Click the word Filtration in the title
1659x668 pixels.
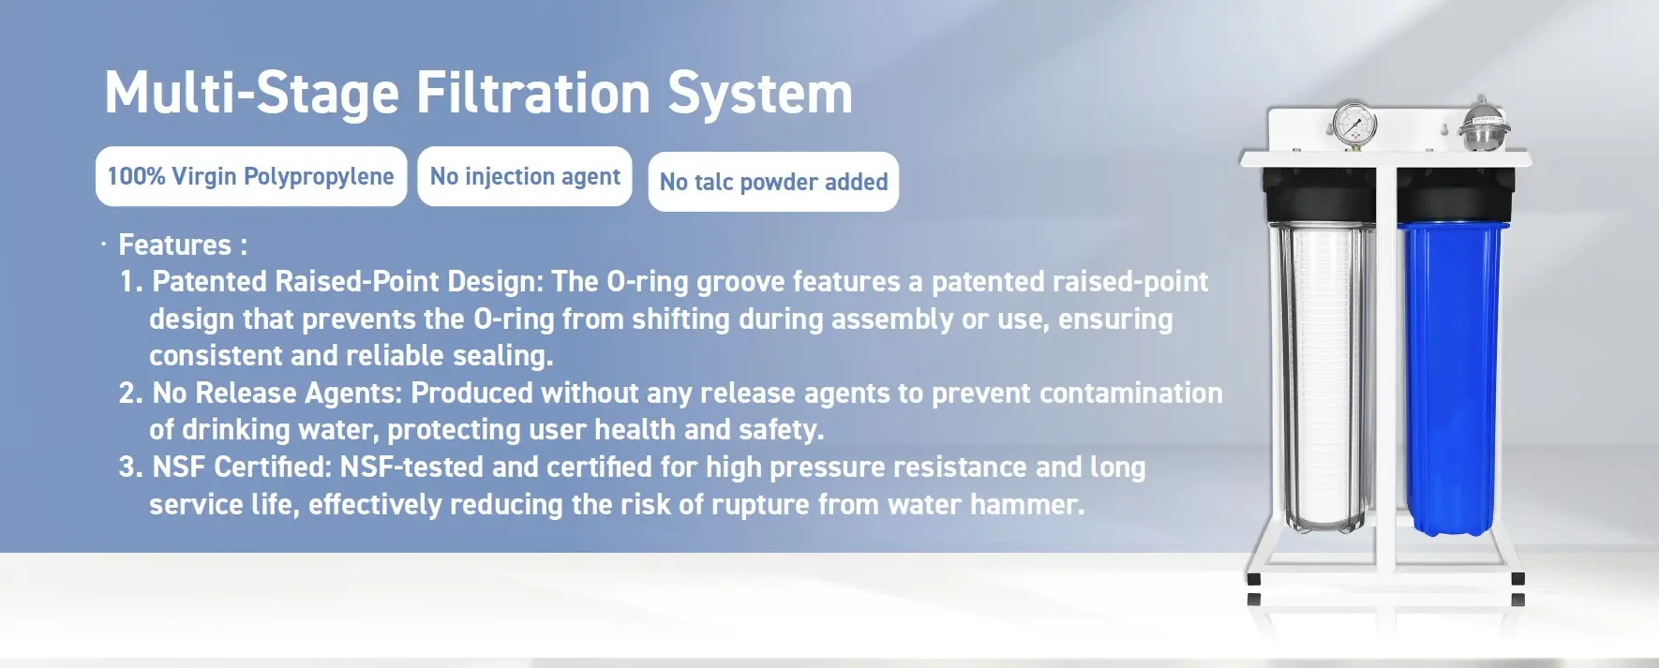pyautogui.click(x=532, y=93)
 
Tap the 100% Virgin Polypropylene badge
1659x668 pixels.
pyautogui.click(x=251, y=176)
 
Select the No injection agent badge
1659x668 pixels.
pyautogui.click(x=525, y=176)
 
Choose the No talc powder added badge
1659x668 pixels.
pyautogui.click(x=773, y=182)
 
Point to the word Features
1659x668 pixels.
pyautogui.click(x=174, y=245)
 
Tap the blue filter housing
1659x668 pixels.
pyautogui.click(x=1452, y=379)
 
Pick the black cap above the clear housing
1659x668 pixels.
pyautogui.click(x=1320, y=197)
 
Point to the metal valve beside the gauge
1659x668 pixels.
pyautogui.click(x=1484, y=125)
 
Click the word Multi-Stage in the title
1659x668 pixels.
pyautogui.click(x=252, y=94)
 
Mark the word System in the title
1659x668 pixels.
pyautogui.click(x=760, y=95)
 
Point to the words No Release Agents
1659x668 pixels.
pyautogui.click(x=276, y=393)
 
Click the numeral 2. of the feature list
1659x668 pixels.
pyautogui.click(x=130, y=393)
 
